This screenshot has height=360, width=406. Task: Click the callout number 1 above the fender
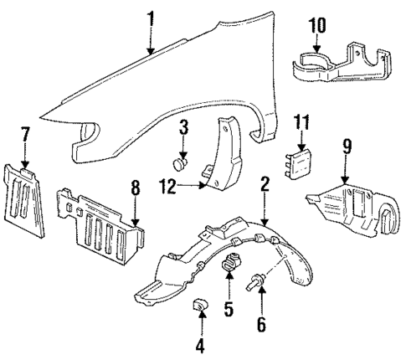(x=151, y=17)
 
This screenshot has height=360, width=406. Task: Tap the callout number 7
(x=25, y=134)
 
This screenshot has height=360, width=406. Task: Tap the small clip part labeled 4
(x=201, y=306)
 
